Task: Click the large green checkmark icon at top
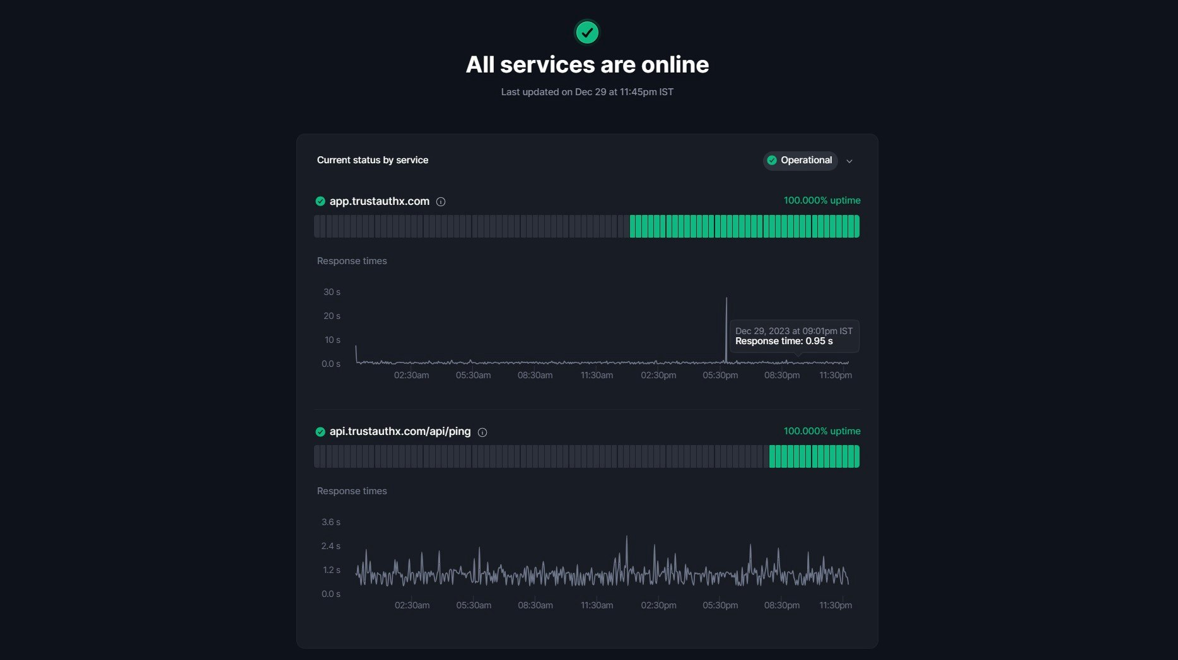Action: pos(587,32)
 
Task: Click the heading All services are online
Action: pos(587,64)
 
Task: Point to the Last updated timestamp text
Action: pos(587,92)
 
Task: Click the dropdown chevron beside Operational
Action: pos(849,161)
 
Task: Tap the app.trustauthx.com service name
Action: pos(379,201)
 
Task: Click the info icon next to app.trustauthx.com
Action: pos(441,202)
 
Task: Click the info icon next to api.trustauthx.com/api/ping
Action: pos(482,432)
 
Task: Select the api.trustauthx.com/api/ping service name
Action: pos(400,432)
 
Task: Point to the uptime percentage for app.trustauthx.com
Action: pos(822,200)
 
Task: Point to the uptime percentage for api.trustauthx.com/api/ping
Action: pos(822,431)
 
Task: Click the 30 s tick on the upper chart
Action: pos(332,292)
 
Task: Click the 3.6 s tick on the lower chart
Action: pos(331,522)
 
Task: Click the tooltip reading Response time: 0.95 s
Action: pos(793,336)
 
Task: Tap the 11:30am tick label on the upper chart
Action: pos(597,375)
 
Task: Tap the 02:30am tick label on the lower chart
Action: pos(412,605)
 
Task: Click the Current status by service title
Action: pos(372,160)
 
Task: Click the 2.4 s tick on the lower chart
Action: pos(331,546)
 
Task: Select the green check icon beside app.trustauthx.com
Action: pos(320,202)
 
